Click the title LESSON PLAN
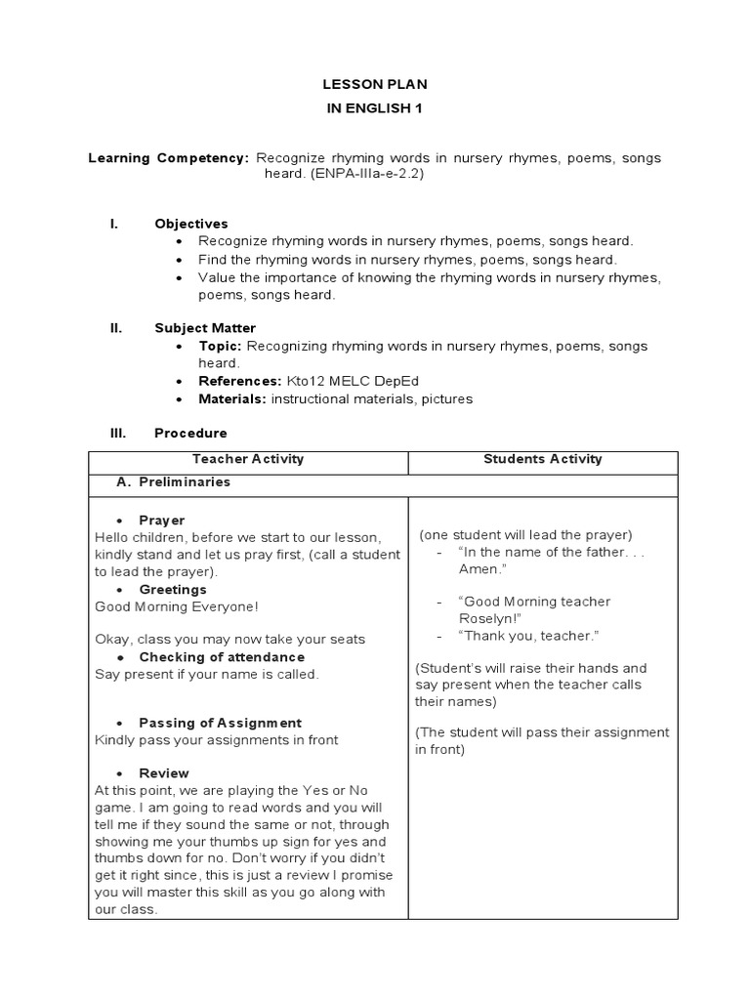pos(376,85)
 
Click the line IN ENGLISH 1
pos(376,108)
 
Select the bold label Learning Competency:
pos(169,157)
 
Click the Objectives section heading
pos(191,224)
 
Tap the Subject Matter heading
pos(205,328)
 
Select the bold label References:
pos(240,381)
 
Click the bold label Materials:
pos(232,398)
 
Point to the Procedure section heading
pos(190,433)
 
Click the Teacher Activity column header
pos(248,459)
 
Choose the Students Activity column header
pos(543,459)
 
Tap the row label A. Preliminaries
pos(174,482)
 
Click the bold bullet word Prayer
pos(162,521)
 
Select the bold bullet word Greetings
pos(173,590)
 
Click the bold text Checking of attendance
pos(222,657)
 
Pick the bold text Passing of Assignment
pos(220,723)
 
